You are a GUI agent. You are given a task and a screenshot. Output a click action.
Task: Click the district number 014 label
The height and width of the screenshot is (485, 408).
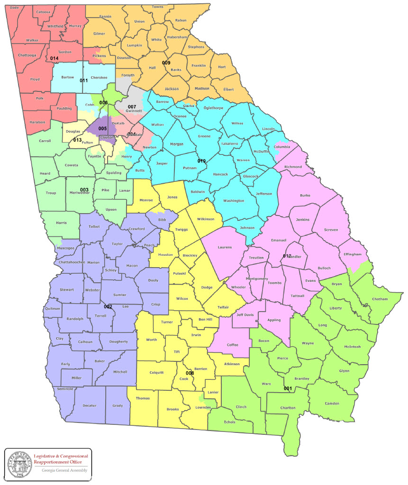pos(54,58)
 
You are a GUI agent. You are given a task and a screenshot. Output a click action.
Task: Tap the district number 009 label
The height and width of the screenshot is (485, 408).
pos(166,63)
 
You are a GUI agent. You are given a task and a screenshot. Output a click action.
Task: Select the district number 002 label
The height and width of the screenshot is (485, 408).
pos(109,306)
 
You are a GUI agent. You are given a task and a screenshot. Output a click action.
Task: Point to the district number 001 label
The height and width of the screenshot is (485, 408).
pos(288,388)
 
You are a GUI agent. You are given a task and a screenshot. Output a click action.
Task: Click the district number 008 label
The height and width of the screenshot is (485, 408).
pos(190,373)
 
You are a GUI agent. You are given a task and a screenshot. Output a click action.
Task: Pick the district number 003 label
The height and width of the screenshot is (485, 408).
pos(84,190)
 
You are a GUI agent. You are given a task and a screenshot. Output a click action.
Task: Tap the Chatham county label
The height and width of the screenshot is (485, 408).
pos(380,299)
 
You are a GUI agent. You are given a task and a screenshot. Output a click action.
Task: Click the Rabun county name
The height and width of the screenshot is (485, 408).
pos(181,20)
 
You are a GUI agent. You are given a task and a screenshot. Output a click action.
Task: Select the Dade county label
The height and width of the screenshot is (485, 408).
pos(15,8)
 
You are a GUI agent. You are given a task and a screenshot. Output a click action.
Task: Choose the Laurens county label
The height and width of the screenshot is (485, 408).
pos(225,247)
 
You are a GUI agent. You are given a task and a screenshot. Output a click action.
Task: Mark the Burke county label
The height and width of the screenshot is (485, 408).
pos(306,195)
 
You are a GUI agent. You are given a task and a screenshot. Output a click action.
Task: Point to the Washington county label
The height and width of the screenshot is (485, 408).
pos(234,200)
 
